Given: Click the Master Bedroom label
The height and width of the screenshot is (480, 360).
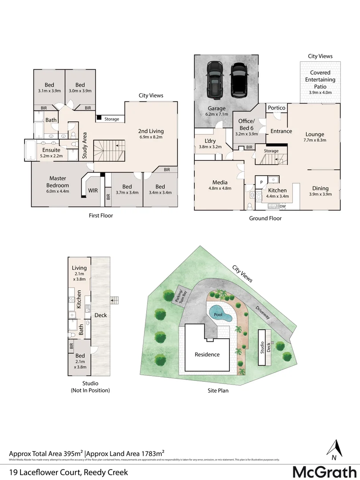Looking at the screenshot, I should (58, 182).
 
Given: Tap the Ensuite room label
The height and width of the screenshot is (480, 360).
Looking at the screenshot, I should (52, 150).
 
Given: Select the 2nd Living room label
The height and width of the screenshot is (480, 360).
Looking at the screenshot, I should (151, 131).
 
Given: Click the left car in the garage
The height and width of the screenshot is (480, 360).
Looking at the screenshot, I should (215, 80).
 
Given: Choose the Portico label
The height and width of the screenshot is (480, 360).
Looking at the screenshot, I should (276, 108).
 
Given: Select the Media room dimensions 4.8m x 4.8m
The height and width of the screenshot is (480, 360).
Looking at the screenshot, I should (220, 188).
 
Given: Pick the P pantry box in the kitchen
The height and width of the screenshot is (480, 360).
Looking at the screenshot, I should (261, 182).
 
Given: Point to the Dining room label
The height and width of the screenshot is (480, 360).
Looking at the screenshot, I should (320, 188).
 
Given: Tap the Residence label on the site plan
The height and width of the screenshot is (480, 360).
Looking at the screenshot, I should (207, 354).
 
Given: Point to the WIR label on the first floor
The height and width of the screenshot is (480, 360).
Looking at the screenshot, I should (93, 190).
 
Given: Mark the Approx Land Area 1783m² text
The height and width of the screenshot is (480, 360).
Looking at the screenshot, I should (126, 453).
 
